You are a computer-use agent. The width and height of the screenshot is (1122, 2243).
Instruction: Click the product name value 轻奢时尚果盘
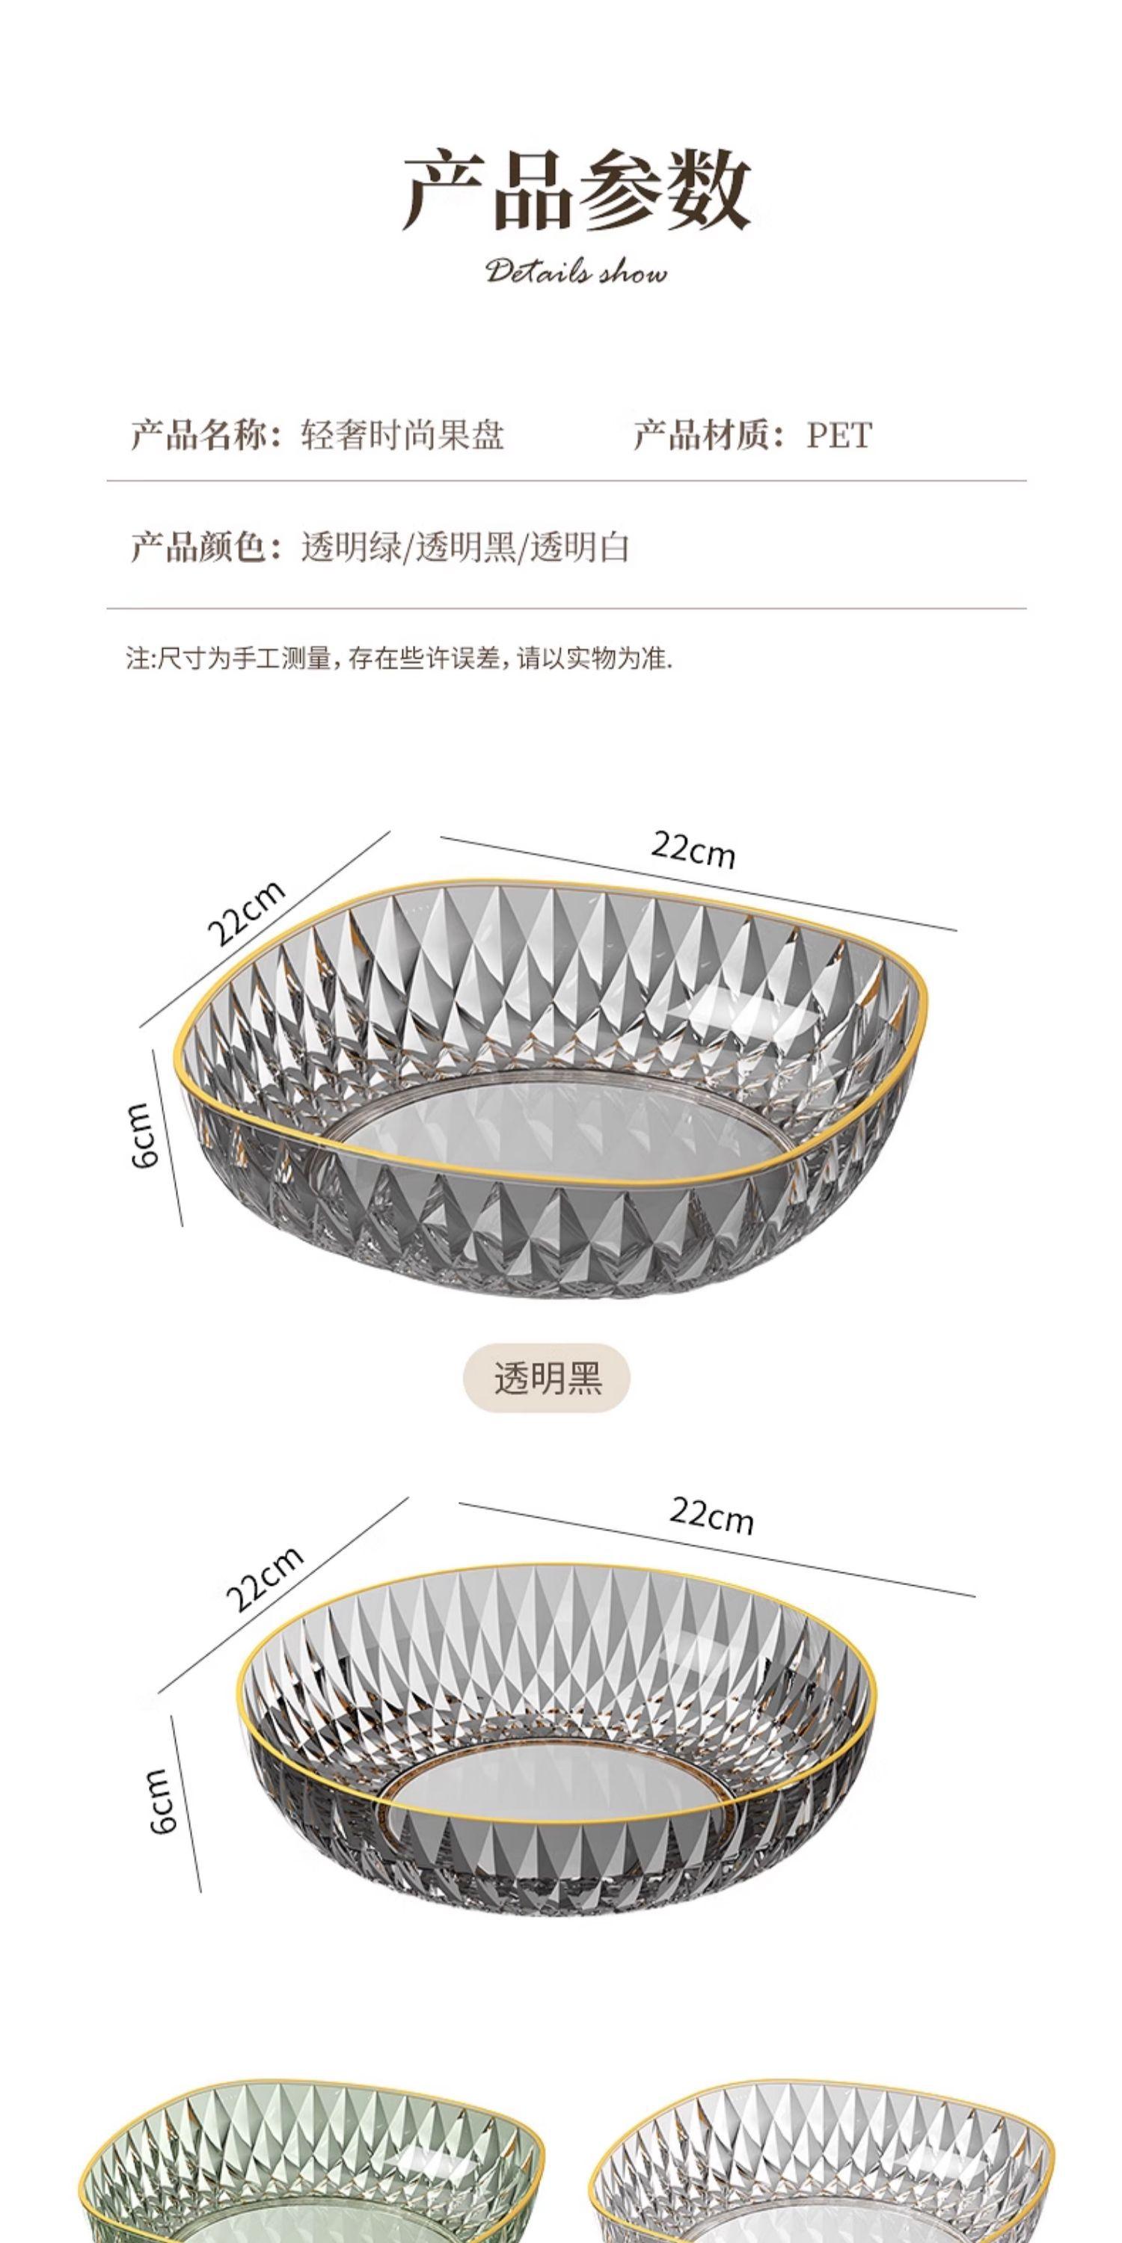click(402, 434)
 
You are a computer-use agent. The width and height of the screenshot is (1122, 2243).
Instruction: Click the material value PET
click(838, 434)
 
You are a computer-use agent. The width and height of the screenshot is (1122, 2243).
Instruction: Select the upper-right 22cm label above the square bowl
click(693, 850)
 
